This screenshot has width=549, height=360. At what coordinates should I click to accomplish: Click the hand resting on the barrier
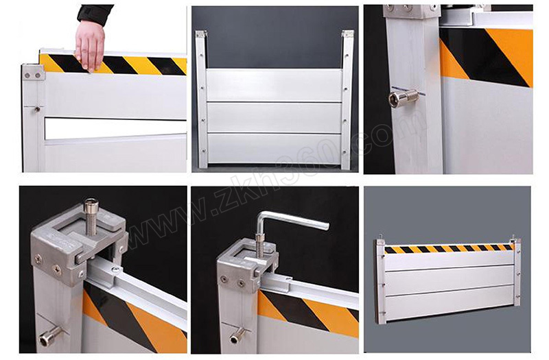pyautogui.click(x=90, y=45)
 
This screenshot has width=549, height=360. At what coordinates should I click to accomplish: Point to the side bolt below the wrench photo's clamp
pyautogui.click(x=237, y=336)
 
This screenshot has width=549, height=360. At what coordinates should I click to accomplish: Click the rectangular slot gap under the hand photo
pyautogui.click(x=115, y=128)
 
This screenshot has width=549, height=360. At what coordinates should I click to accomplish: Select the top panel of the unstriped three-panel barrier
pyautogui.click(x=274, y=86)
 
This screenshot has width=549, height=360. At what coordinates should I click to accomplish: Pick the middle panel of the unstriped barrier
pyautogui.click(x=274, y=117)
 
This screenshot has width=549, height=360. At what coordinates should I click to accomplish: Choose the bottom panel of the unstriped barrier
pyautogui.click(x=274, y=148)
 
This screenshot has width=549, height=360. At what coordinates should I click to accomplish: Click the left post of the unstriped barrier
pyautogui.click(x=202, y=99)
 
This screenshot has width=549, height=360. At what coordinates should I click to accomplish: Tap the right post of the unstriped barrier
pyautogui.click(x=347, y=99)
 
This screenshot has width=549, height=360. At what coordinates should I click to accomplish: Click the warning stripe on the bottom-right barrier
pyautogui.click(x=449, y=249)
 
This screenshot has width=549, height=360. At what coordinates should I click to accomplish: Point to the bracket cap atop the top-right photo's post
pyautogui.click(x=412, y=11)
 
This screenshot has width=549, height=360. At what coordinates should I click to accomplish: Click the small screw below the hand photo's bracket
pyautogui.click(x=37, y=110)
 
